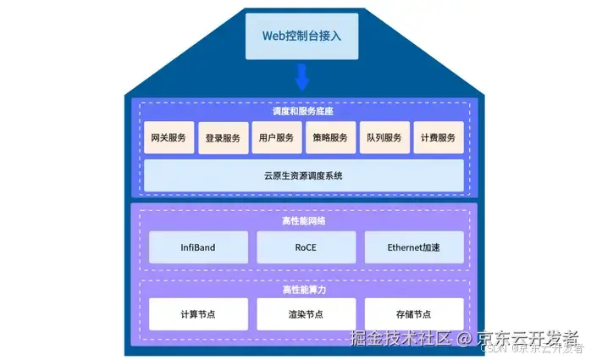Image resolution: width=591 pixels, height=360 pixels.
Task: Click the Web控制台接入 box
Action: point(302,36)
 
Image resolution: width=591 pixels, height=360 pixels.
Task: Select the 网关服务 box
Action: point(168,138)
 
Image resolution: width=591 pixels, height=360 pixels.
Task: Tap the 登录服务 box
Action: point(223,138)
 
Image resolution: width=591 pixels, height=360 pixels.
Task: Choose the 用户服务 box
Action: point(277,138)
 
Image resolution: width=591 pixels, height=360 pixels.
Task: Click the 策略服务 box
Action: point(330,138)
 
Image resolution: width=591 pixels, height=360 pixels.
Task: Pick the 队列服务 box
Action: point(384,138)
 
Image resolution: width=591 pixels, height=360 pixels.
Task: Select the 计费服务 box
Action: point(439,138)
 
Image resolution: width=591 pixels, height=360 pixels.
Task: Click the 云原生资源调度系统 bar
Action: point(303,175)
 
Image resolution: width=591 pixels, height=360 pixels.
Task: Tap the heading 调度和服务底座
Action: point(303,111)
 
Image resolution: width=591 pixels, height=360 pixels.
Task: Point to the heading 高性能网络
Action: point(303,220)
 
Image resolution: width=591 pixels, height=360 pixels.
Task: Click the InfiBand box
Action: point(198,247)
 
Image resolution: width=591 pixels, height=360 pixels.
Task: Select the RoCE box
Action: point(306,247)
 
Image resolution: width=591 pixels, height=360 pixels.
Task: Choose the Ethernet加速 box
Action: point(414,247)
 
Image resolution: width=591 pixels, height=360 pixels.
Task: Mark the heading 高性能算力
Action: point(303,290)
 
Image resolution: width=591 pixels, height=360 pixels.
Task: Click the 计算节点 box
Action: point(198,314)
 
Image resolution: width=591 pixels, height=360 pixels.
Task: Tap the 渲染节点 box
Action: point(306,314)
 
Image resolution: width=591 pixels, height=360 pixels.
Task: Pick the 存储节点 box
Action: point(414,314)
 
